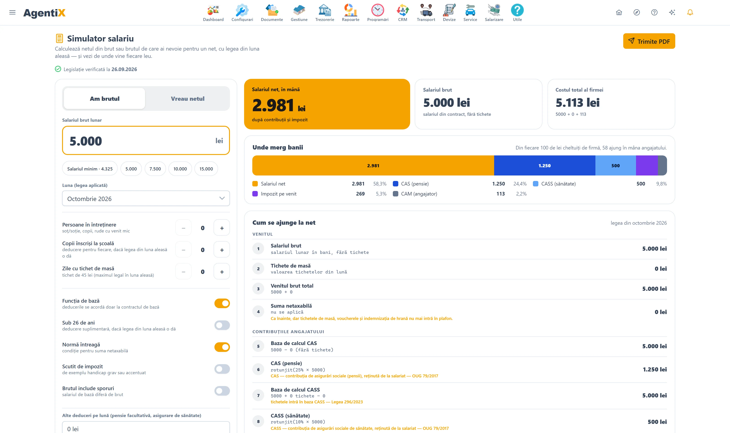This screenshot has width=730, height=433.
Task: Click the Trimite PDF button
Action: (x=649, y=41)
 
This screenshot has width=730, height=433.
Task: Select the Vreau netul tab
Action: (x=188, y=99)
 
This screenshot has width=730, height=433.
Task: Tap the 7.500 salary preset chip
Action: (x=155, y=169)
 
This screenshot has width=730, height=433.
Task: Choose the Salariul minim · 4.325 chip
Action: (x=90, y=169)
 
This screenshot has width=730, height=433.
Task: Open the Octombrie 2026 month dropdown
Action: (x=146, y=198)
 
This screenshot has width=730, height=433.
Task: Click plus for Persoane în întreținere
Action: (x=222, y=228)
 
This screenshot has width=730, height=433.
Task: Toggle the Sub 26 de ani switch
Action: (x=222, y=325)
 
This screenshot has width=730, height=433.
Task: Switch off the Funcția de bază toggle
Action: (x=222, y=303)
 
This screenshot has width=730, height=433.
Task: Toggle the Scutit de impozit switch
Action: (x=222, y=369)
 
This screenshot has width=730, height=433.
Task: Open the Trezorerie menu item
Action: (x=324, y=13)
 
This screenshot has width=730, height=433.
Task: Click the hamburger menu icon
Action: (x=12, y=12)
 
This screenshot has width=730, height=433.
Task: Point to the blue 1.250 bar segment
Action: (x=545, y=165)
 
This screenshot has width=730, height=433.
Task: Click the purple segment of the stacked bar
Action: (x=647, y=165)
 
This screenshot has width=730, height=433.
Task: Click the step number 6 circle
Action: (x=258, y=369)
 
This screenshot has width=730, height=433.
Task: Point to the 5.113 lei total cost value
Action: (x=577, y=102)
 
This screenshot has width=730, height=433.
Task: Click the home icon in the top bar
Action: (x=619, y=12)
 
